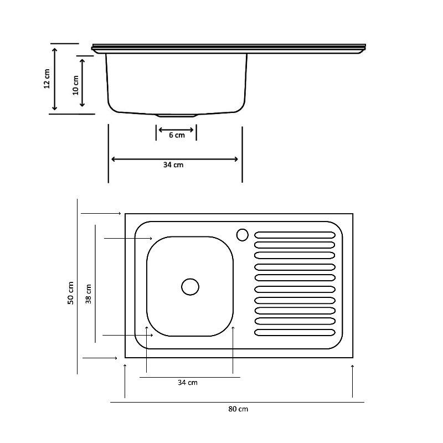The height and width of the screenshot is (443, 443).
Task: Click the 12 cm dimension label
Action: point(47,79)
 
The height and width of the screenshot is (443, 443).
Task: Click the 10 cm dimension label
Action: point(75,85)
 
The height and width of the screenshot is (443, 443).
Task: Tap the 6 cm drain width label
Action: point(177,135)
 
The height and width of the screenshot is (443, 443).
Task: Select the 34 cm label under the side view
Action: point(173,164)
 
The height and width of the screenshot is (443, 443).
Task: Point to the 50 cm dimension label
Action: point(71,293)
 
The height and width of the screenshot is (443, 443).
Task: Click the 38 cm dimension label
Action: point(89,294)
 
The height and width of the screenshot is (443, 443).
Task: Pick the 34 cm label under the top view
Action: point(188,383)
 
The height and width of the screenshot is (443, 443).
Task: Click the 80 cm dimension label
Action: point(238,409)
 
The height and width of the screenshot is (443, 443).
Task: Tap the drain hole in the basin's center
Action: point(190,287)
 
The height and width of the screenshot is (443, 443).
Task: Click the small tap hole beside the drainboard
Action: point(243,235)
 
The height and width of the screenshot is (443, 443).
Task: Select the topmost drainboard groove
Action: point(295,235)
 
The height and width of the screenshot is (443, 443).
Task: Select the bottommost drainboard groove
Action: point(295,333)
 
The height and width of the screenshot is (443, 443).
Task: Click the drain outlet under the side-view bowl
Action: point(177,115)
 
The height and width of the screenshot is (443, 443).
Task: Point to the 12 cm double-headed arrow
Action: point(55,79)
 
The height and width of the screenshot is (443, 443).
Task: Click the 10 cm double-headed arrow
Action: point(82,83)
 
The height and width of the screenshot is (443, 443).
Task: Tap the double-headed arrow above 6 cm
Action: point(176,130)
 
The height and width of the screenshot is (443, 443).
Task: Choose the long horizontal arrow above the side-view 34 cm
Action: point(174,159)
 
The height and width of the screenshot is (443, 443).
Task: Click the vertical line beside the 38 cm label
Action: point(95,284)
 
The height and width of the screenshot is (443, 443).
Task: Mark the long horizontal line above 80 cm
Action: point(237,402)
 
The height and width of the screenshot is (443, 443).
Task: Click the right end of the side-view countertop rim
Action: point(365,48)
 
